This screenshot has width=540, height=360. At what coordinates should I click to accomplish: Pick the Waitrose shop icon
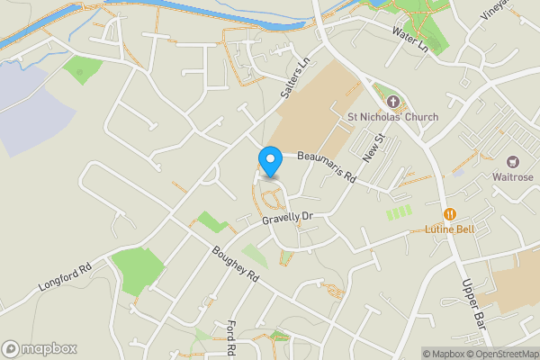514,161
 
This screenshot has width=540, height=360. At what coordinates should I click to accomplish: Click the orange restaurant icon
450,214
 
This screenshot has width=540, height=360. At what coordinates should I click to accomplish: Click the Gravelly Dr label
286,218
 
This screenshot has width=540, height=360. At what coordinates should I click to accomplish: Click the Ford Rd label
231,337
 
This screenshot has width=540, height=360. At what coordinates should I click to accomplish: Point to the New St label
373,148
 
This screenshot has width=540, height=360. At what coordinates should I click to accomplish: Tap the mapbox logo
40,348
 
